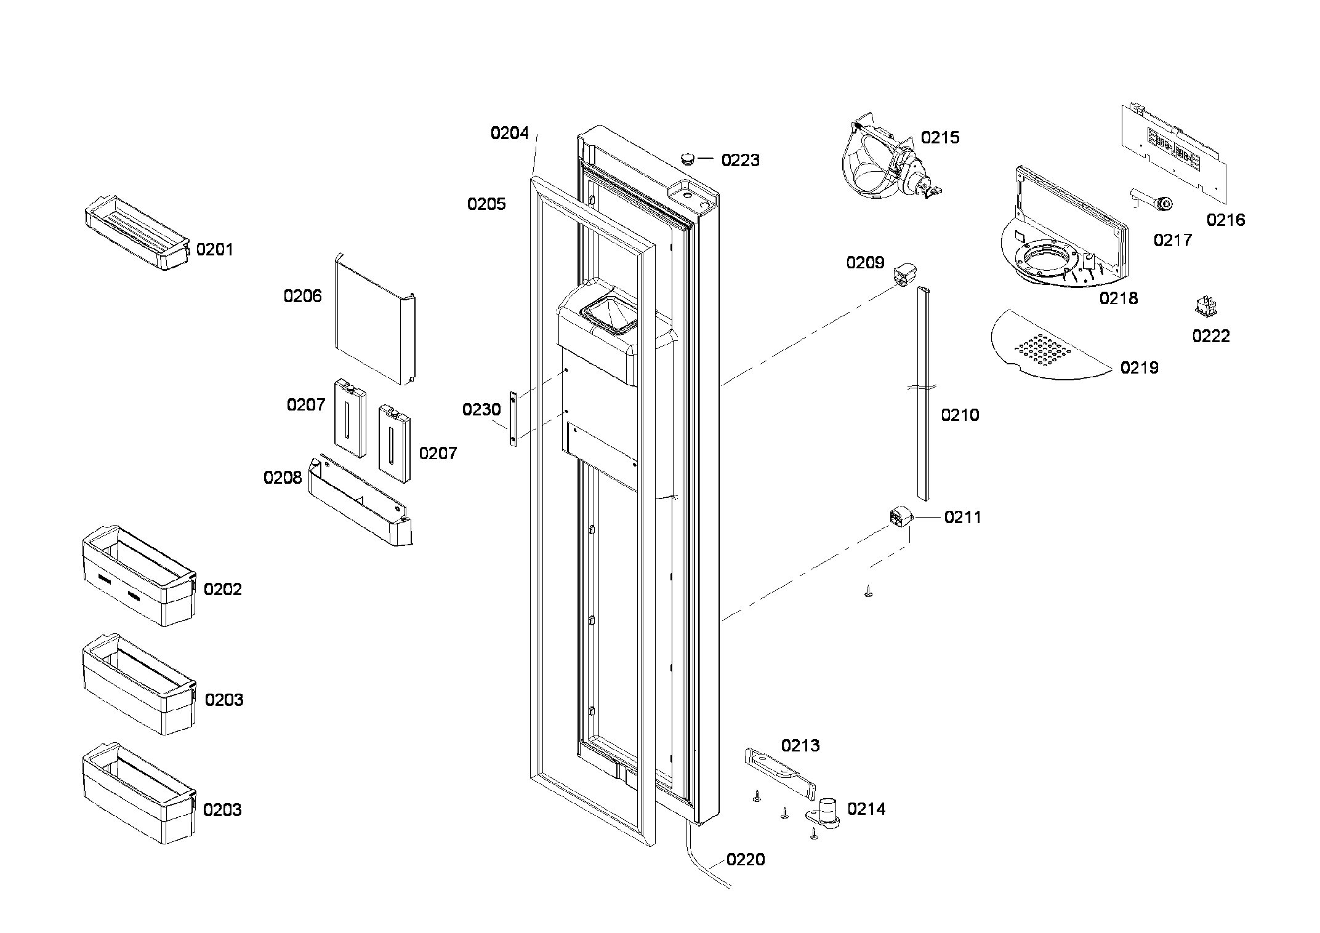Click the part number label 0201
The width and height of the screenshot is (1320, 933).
[214, 249]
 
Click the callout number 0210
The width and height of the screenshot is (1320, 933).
[959, 415]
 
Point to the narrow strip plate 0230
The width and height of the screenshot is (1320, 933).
[512, 417]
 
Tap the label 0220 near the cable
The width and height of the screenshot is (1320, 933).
[745, 859]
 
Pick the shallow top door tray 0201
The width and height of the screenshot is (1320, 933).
[135, 234]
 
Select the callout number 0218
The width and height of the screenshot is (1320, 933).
[1118, 298]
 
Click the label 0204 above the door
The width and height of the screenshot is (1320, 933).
[509, 133]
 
